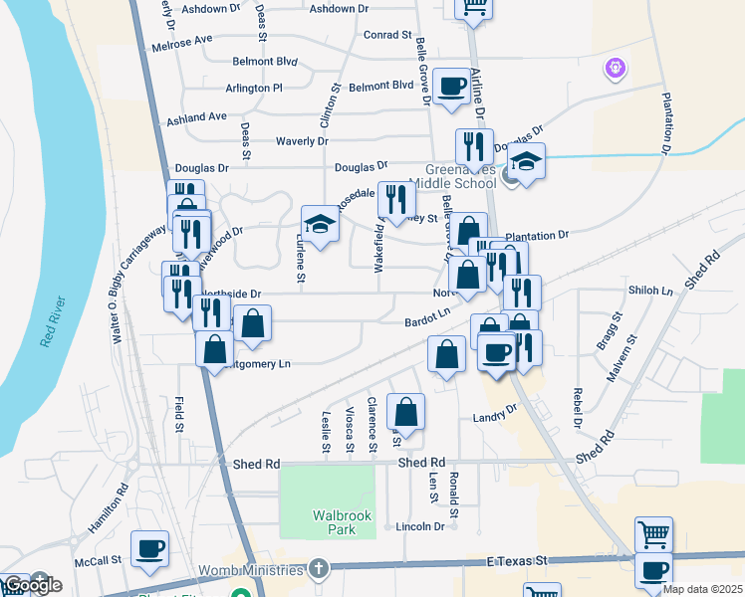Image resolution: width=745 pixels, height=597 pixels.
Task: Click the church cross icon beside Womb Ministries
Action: pyautogui.click(x=318, y=569)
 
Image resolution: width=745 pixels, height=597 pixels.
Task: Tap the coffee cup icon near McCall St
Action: pyautogui.click(x=150, y=548)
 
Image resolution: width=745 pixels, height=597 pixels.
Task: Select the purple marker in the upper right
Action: pyautogui.click(x=616, y=68)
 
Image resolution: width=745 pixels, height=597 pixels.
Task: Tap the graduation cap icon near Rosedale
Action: pyautogui.click(x=322, y=223)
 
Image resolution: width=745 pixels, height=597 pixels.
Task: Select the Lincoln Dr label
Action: pyautogui.click(x=419, y=526)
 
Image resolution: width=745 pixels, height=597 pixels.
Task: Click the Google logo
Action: pyautogui.click(x=32, y=585)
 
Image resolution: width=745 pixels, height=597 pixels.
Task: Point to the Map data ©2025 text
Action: pyautogui.click(x=701, y=589)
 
